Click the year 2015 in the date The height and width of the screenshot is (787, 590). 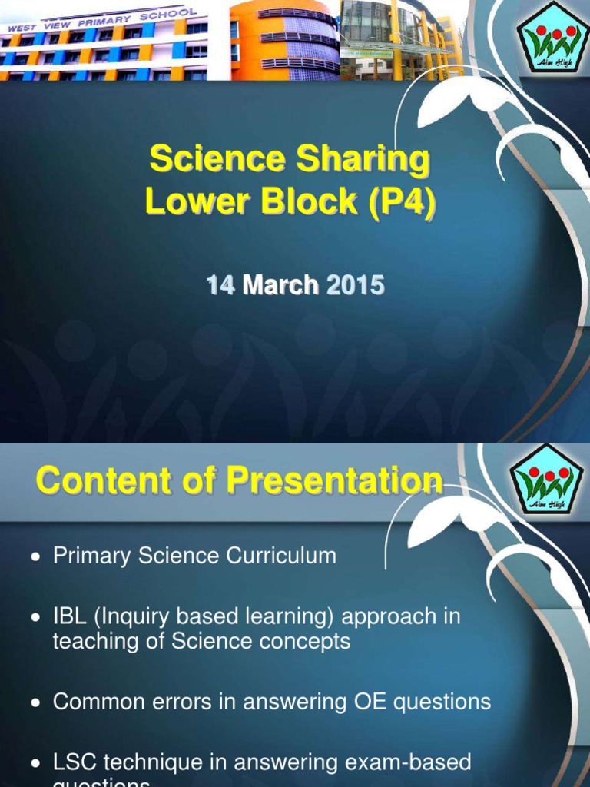click(x=355, y=285)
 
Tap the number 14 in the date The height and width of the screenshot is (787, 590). click(x=220, y=285)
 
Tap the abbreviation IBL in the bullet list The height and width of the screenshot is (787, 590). click(x=69, y=617)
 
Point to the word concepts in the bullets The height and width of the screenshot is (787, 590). click(x=307, y=642)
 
